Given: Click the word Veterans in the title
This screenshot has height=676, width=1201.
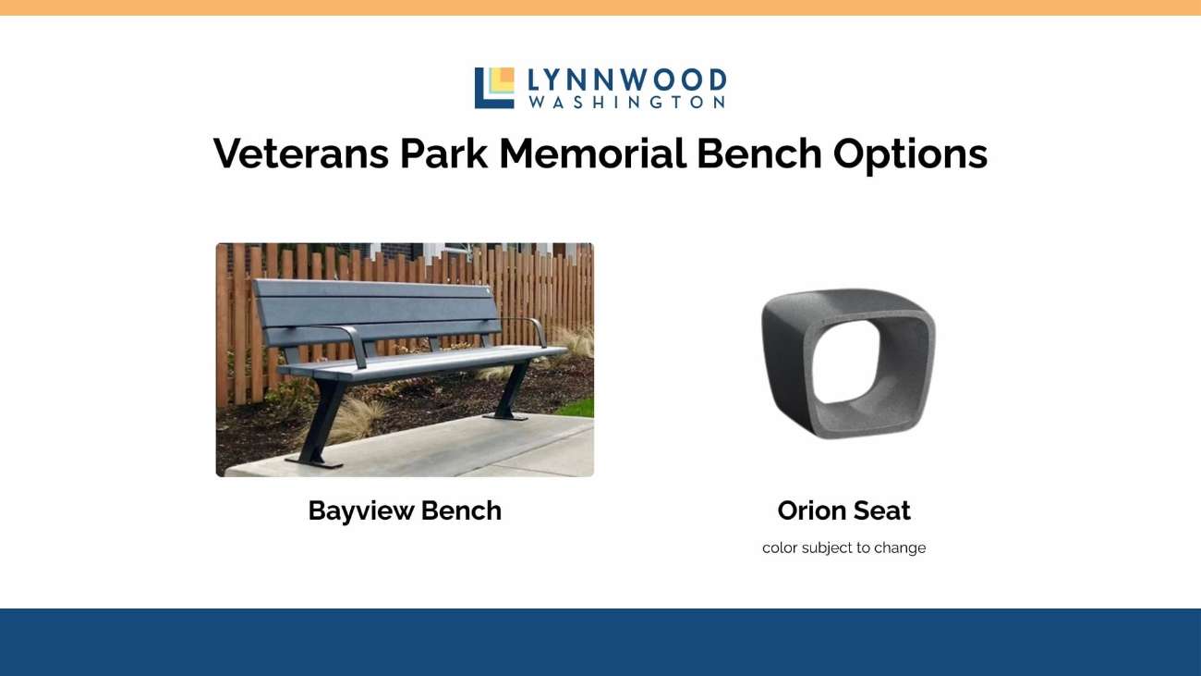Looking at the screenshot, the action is point(301,154).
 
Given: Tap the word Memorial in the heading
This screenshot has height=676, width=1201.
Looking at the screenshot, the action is point(592,154).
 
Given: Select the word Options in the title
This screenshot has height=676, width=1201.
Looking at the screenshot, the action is point(910,154).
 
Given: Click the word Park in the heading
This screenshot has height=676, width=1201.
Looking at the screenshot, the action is point(444,154).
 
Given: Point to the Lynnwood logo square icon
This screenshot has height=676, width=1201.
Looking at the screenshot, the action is point(494,88).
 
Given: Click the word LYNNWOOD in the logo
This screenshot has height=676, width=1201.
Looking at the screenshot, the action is point(626,80).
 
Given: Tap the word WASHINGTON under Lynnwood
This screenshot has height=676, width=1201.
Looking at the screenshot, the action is point(626,103).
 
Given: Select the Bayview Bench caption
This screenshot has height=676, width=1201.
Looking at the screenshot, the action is point(405,510).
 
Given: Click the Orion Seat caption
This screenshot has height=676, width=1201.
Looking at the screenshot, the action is point(843,510).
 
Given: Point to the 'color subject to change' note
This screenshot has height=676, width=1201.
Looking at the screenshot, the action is point(843,547).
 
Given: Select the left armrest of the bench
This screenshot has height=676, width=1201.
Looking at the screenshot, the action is point(351,343).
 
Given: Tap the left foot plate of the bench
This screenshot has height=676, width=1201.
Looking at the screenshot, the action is point(314,462).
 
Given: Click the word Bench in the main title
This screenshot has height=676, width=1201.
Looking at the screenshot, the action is point(758,154).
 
